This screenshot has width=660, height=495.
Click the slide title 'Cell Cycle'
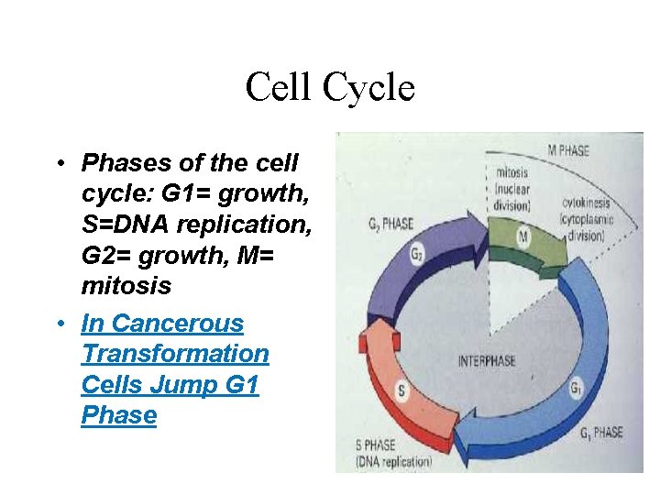point(330,88)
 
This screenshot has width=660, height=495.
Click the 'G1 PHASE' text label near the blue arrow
point(599,432)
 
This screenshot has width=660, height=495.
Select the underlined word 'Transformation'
point(175,354)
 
